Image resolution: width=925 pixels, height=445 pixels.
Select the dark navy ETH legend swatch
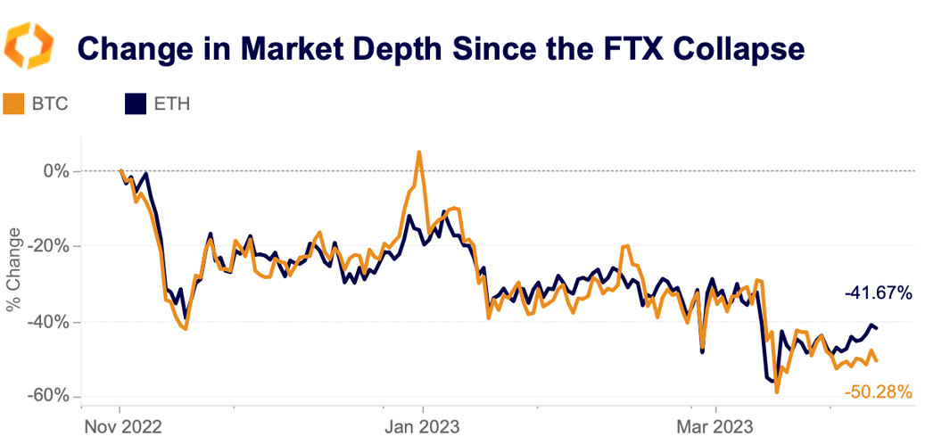pyautogui.click(x=135, y=104)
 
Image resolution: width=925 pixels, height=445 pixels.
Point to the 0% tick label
pyautogui.click(x=56, y=170)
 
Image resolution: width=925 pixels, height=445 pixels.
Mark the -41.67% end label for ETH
pyautogui.click(x=878, y=292)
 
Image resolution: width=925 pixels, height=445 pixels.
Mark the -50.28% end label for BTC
pyautogui.click(x=878, y=391)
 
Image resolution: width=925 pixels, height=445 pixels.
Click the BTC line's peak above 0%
pyautogui.click(x=418, y=152)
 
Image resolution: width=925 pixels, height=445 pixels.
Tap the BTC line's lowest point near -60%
pyautogui.click(x=777, y=391)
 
